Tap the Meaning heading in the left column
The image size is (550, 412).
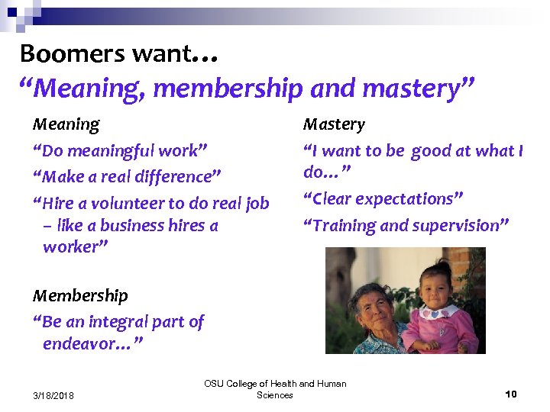[66, 124]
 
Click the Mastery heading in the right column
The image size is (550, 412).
[334, 124]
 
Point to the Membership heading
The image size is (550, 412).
[80, 295]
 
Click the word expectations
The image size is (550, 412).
[413, 199]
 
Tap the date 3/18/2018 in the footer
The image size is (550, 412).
[53, 394]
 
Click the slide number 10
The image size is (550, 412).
[511, 394]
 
